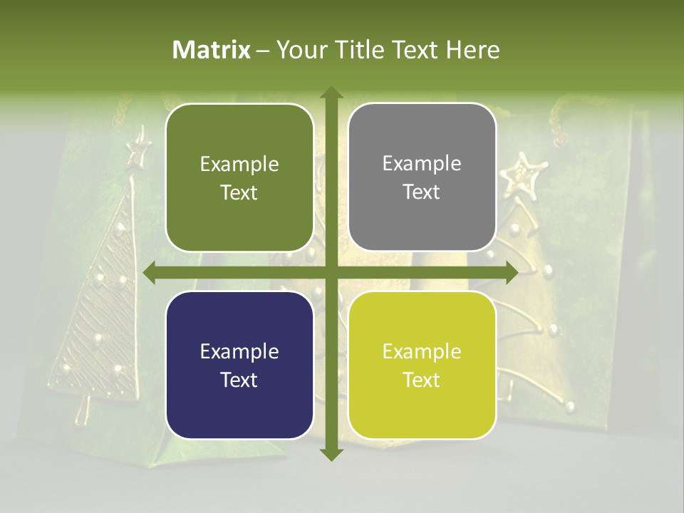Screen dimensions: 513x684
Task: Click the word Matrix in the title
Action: pyautogui.click(x=212, y=50)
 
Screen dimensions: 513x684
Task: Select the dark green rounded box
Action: pyautogui.click(x=239, y=177)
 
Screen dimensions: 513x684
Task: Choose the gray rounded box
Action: pyautogui.click(x=422, y=177)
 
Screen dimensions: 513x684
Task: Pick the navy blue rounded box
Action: pyautogui.click(x=239, y=366)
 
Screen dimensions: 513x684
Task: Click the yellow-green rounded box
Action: pyautogui.click(x=422, y=366)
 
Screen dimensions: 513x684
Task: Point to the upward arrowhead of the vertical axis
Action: pyautogui.click(x=331, y=93)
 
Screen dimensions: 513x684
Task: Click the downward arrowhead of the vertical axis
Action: pyautogui.click(x=331, y=454)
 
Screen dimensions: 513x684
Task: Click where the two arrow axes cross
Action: pyautogui.click(x=331, y=273)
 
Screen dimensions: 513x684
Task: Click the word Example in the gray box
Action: pyautogui.click(x=422, y=164)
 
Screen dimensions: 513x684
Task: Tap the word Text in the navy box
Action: pyautogui.click(x=239, y=380)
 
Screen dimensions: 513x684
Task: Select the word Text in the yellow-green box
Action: pyautogui.click(x=422, y=380)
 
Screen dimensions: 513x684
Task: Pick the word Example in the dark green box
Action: pyautogui.click(x=239, y=165)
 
